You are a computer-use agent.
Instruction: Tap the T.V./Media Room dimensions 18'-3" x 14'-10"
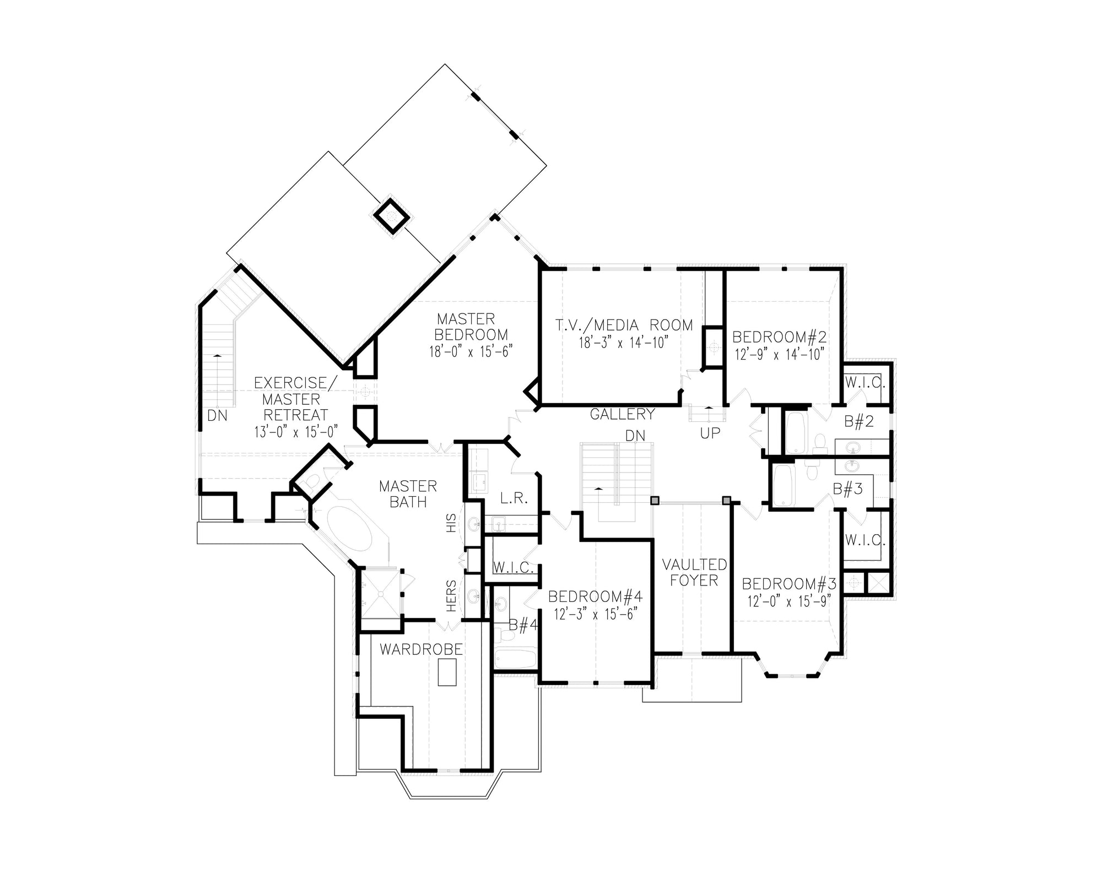click(623, 343)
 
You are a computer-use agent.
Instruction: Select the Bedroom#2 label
click(780, 337)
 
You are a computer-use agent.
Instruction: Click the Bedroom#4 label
click(595, 596)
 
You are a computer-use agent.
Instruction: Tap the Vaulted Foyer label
click(694, 572)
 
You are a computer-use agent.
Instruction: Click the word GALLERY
click(622, 414)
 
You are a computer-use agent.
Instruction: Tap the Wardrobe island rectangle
click(447, 672)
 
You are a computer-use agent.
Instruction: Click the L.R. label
click(514, 499)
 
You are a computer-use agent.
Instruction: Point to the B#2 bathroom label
click(859, 422)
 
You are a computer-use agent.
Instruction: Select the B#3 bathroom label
click(847, 489)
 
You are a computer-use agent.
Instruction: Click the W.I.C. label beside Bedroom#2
click(864, 383)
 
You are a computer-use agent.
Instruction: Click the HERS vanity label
click(451, 595)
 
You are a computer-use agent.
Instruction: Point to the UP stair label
click(710, 433)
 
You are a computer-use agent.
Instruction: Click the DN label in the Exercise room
click(217, 416)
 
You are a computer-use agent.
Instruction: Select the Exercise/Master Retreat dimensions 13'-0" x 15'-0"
click(295, 431)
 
